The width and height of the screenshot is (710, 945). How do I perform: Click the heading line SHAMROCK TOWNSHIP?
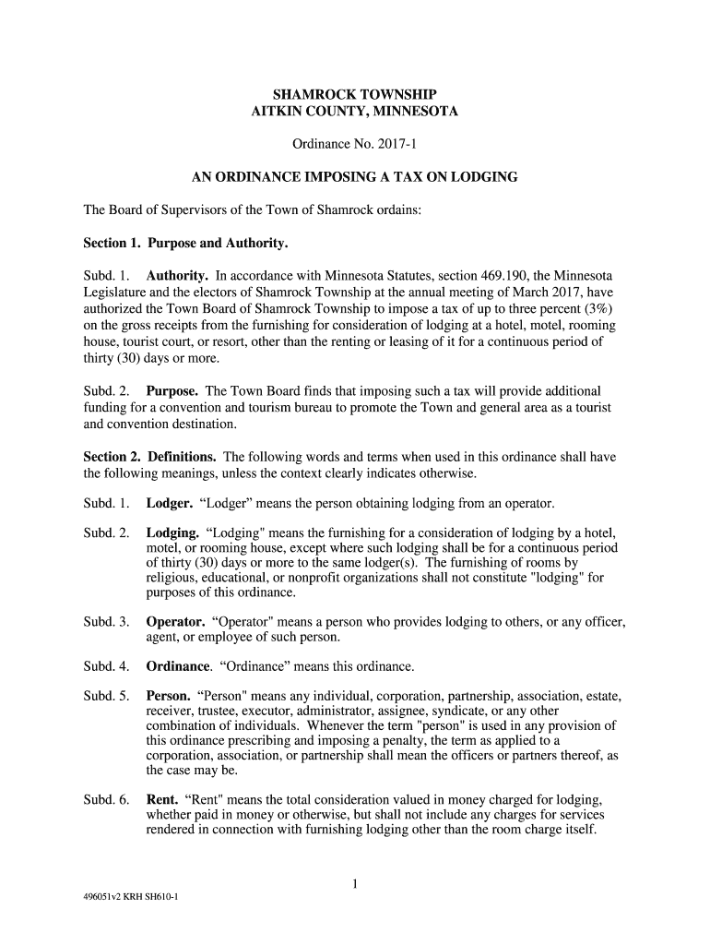[x=355, y=95]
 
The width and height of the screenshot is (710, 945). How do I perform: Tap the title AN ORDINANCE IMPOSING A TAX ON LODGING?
[x=354, y=176]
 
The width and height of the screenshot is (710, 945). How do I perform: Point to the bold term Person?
[x=169, y=696]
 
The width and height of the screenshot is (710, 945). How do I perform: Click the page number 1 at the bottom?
[x=355, y=885]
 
